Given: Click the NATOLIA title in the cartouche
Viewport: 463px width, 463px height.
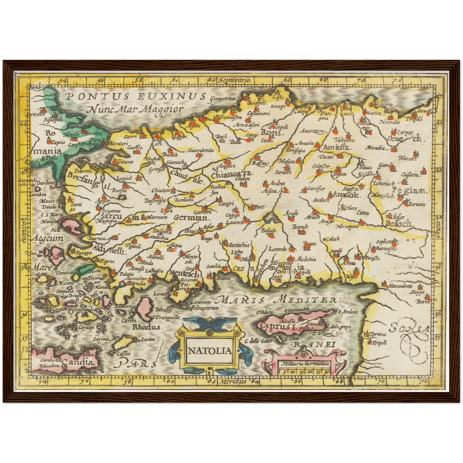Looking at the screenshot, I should (210, 351).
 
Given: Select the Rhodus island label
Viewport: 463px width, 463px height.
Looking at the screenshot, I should (146, 327).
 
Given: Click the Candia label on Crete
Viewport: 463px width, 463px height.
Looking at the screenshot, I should (79, 362).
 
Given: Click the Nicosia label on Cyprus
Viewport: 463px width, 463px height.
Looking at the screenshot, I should (287, 321).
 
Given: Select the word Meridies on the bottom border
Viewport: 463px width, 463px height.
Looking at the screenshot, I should (232, 381).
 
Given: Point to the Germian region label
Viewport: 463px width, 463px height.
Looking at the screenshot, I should (191, 218).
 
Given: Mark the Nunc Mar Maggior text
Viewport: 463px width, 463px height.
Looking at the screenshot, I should (135, 110).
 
